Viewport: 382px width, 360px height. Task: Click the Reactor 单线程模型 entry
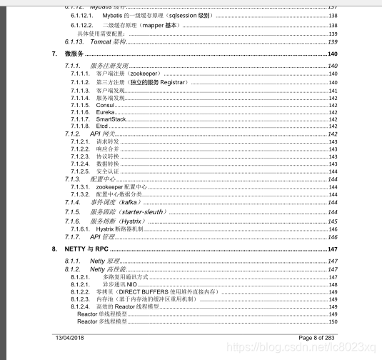(101, 314)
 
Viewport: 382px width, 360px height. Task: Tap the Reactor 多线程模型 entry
(101, 322)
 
